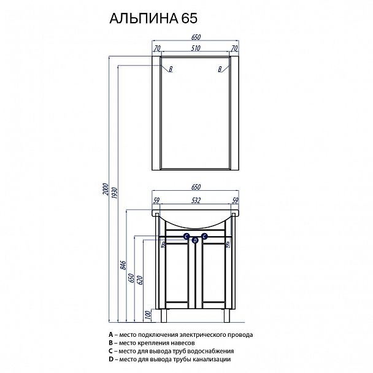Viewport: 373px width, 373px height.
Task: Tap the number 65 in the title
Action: tap(188, 19)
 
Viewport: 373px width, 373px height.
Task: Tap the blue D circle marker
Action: tap(195, 240)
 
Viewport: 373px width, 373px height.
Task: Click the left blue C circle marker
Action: tap(186, 236)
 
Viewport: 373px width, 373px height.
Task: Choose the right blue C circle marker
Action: tap(204, 236)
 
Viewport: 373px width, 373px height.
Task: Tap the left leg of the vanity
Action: tap(163, 316)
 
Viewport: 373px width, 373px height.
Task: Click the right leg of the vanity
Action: tap(227, 316)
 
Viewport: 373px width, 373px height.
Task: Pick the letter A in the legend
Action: tap(111, 334)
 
